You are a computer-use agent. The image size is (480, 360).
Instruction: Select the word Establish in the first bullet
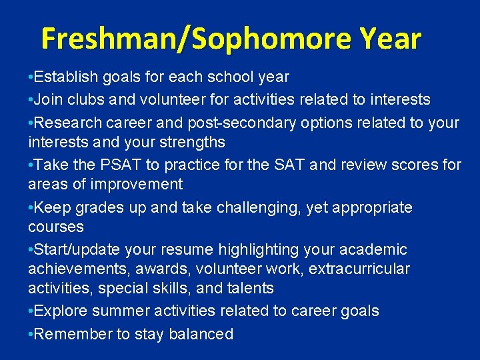click(x=66, y=77)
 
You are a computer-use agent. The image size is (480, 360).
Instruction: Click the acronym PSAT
click(x=110, y=165)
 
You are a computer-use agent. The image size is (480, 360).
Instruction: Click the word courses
click(x=56, y=227)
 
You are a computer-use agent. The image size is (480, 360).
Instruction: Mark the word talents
click(x=249, y=288)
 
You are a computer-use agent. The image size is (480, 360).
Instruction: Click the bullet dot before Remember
click(x=31, y=334)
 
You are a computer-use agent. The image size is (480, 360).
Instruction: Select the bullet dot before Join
click(x=31, y=100)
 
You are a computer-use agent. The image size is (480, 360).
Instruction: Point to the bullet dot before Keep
click(x=31, y=207)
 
